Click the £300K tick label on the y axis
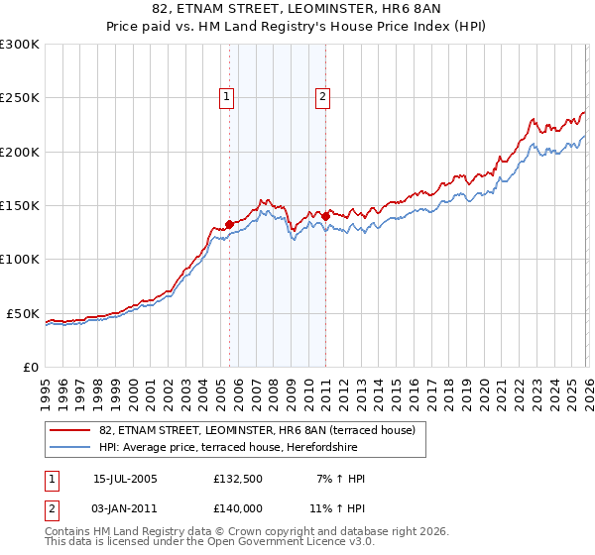tap(20, 45)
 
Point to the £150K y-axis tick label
tap(20, 206)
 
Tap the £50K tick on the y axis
tap(24, 313)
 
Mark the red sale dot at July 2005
tap(229, 224)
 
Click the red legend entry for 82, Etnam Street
tap(263, 430)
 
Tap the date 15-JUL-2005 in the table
tap(125, 479)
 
